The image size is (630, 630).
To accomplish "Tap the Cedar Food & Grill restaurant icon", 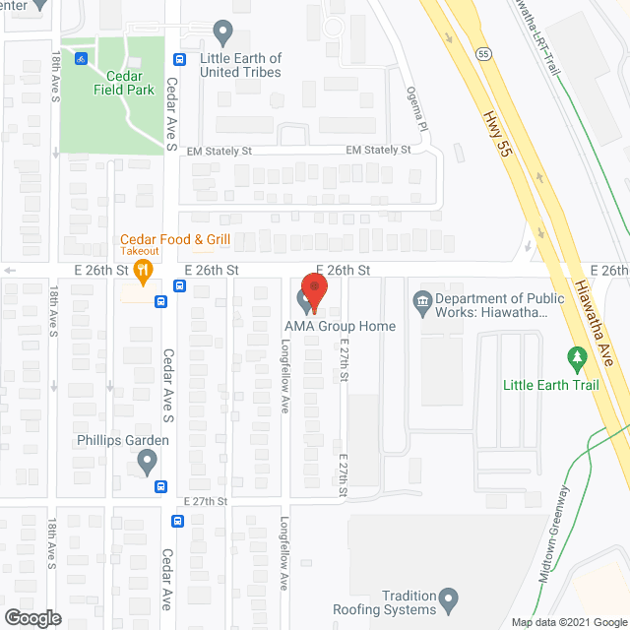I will click(x=144, y=270).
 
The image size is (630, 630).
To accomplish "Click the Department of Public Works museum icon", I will click(x=420, y=300).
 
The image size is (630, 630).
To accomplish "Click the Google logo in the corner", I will click(x=31, y=618).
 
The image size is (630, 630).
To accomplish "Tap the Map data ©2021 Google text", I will click(x=568, y=621).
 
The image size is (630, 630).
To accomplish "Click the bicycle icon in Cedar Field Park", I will click(x=82, y=56).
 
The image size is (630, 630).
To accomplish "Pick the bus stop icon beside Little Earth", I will click(x=178, y=59).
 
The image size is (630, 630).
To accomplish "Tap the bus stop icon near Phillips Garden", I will click(x=160, y=485).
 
